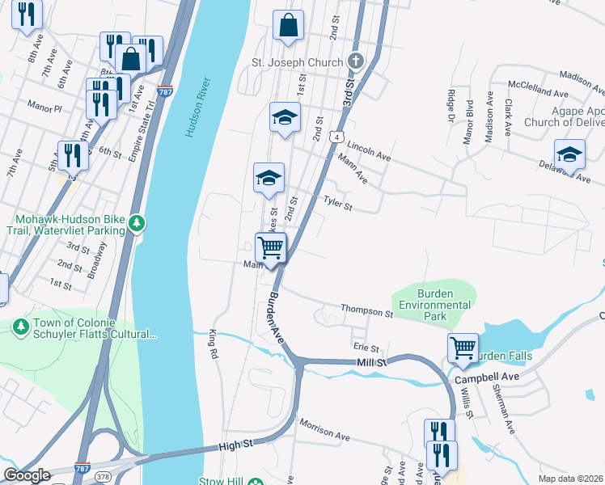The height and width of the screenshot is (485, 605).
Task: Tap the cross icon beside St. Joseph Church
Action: [x=355, y=61]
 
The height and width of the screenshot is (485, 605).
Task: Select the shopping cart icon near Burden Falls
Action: [x=463, y=348]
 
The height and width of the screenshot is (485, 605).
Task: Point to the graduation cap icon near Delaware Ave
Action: [x=569, y=154]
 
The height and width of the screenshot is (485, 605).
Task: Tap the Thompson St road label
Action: [x=366, y=310]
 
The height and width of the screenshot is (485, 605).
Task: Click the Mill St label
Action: [x=373, y=364]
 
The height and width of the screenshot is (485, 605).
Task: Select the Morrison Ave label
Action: [x=324, y=429]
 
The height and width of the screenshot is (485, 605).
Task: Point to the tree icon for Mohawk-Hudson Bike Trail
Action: [x=137, y=221]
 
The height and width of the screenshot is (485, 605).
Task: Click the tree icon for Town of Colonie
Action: [x=21, y=325]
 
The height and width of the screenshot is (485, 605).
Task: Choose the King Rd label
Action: [x=214, y=343]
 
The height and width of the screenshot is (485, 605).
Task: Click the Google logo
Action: [x=26, y=475]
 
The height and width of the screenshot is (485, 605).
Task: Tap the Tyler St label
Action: [x=338, y=202]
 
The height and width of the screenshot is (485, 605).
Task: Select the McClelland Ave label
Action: [x=538, y=87]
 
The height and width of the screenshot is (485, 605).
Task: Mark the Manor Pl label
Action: [x=44, y=107]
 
